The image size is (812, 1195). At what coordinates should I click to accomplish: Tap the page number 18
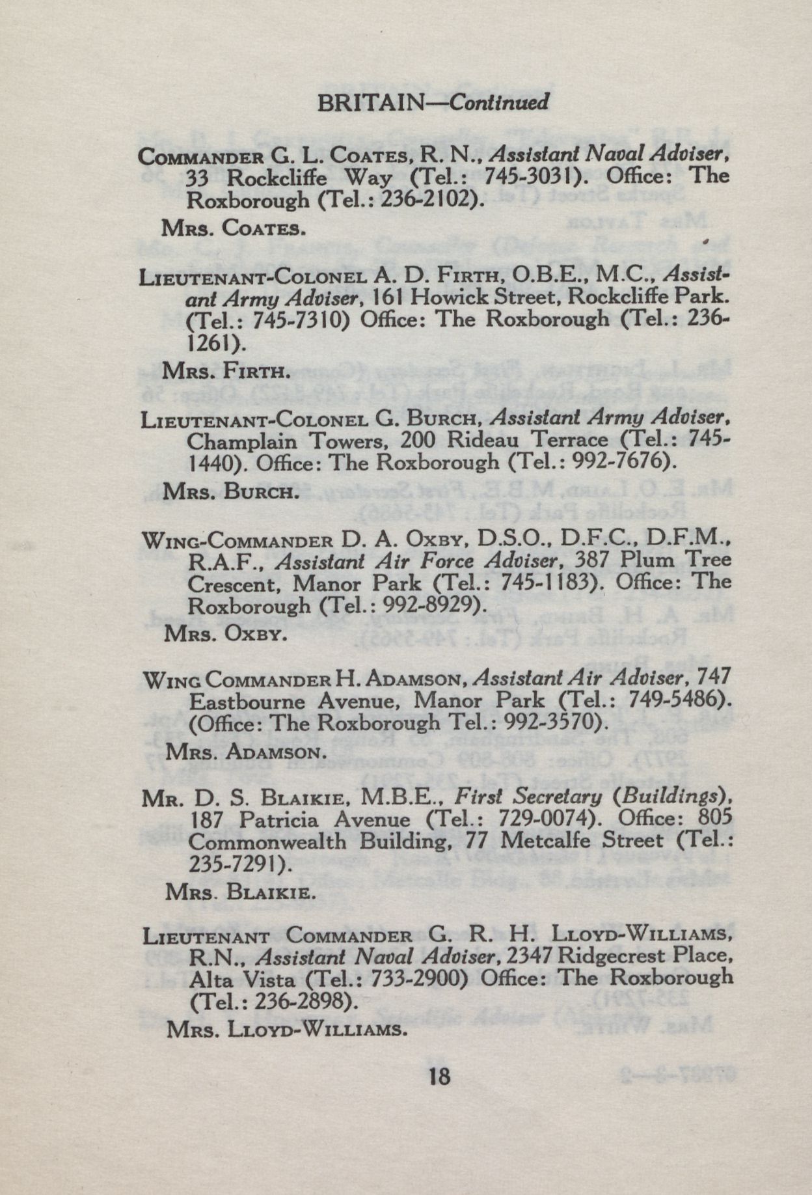point(439,1075)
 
